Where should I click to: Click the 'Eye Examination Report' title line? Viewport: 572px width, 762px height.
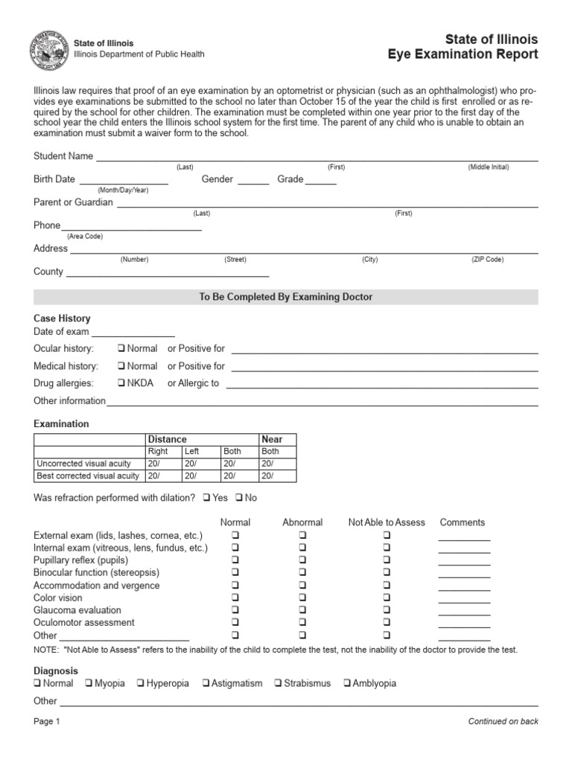(463, 54)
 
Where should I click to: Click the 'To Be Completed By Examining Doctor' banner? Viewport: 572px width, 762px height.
(286, 297)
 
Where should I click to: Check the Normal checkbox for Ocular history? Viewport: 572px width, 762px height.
(121, 349)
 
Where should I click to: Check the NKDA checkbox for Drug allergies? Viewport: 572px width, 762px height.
(121, 384)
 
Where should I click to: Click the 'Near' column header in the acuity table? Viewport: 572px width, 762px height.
(271, 440)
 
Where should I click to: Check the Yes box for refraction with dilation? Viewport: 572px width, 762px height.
(206, 498)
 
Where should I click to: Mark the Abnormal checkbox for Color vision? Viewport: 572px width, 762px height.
(302, 598)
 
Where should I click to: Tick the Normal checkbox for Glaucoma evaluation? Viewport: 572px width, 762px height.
(235, 611)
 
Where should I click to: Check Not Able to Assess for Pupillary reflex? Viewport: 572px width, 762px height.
(387, 560)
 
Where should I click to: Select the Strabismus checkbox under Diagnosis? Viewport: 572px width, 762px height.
(278, 684)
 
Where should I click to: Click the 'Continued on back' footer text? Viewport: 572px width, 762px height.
(503, 721)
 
